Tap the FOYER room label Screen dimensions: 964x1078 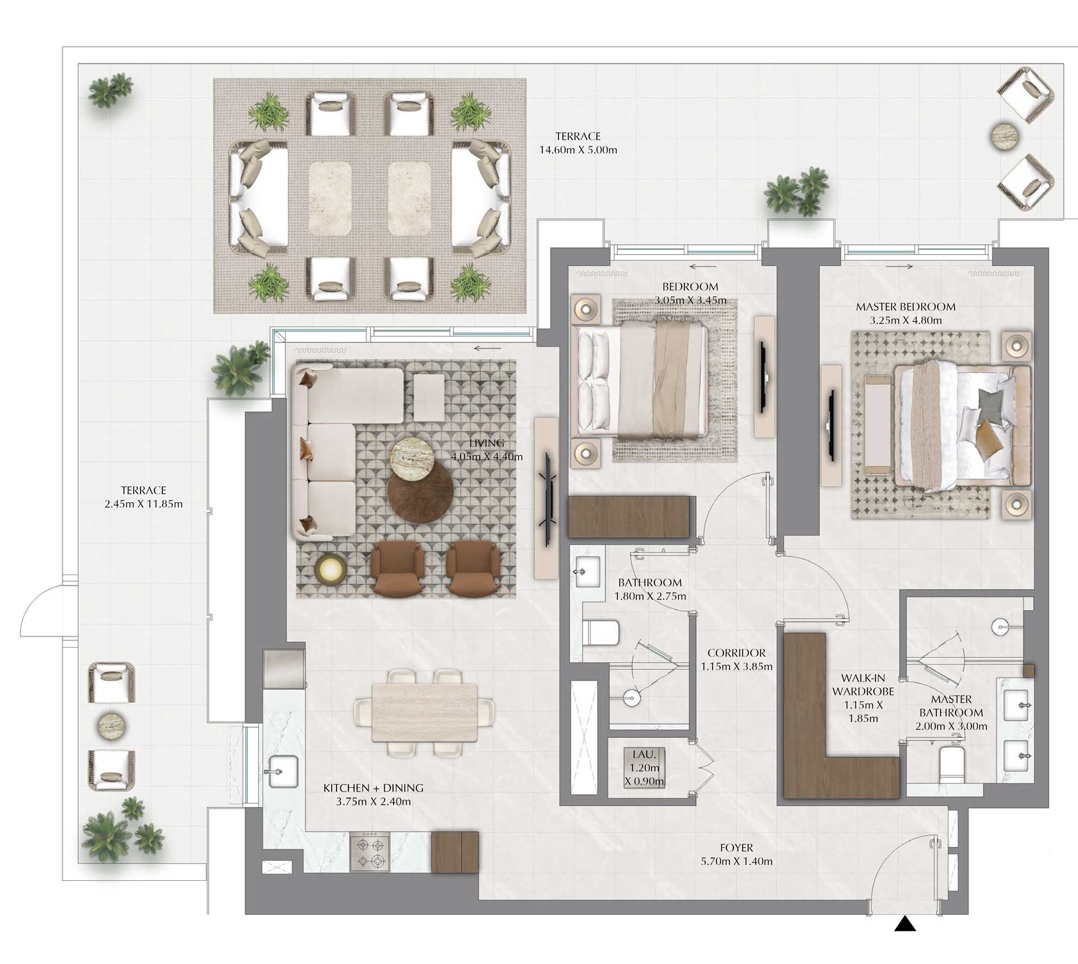click(736, 848)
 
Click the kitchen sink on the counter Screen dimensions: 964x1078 click(283, 771)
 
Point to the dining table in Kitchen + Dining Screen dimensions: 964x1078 click(425, 712)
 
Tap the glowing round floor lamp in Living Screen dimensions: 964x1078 click(330, 570)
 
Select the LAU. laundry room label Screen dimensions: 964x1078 click(644, 755)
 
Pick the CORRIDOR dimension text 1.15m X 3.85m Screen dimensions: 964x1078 click(736, 666)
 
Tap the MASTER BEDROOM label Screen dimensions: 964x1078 click(905, 307)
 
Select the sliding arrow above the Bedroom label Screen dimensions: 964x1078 click(702, 266)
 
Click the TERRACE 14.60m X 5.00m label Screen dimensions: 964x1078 click(578, 143)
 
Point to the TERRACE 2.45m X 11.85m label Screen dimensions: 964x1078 click(144, 497)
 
